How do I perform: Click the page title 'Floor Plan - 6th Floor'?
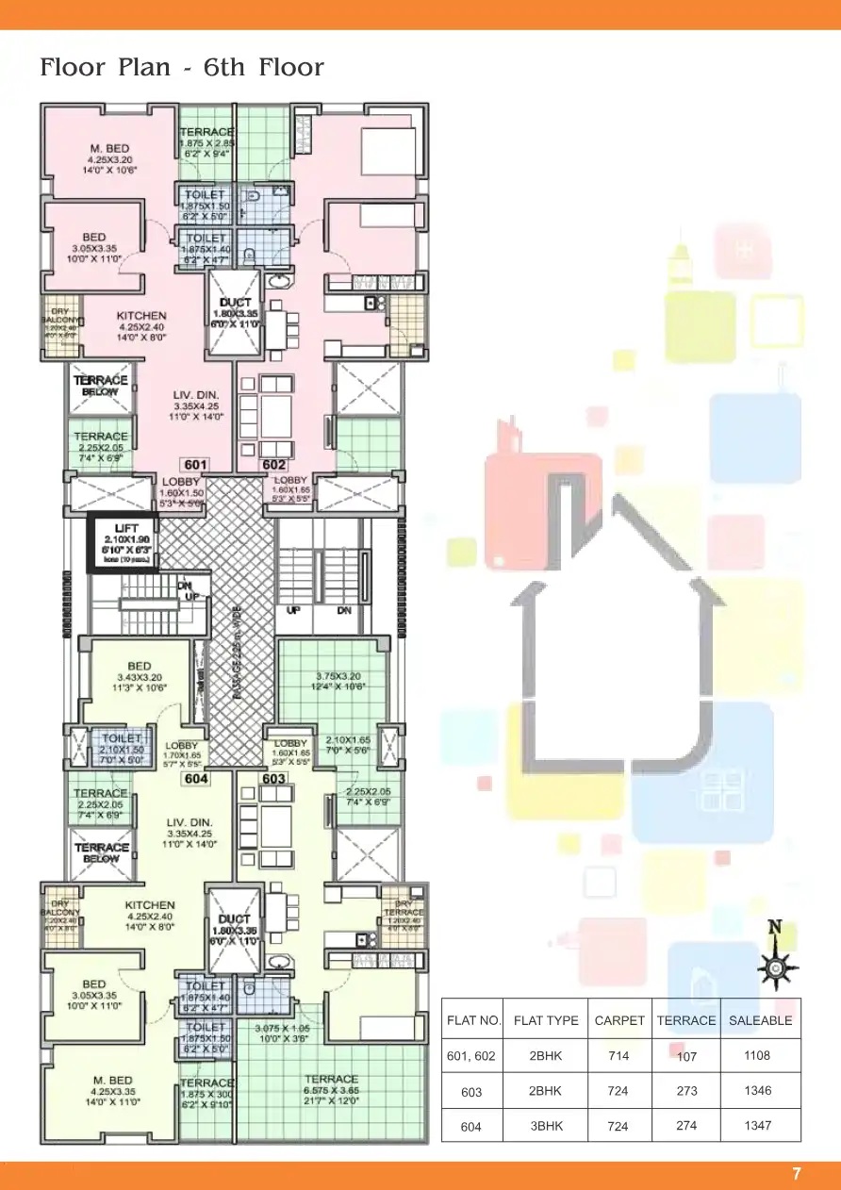point(182,68)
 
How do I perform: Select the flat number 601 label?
point(195,465)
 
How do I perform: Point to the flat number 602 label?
point(273,465)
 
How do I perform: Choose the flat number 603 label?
point(273,779)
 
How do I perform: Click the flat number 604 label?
point(196,779)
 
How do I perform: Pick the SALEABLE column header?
point(760,1020)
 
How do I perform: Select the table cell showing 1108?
point(757,1056)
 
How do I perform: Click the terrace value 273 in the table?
point(686,1091)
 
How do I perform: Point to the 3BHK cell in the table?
point(546,1126)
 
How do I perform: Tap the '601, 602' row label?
point(471,1056)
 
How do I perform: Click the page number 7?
point(797,1174)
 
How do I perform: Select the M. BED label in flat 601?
point(111,149)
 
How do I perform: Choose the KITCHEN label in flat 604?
point(150,905)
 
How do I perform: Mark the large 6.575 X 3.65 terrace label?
point(331,1079)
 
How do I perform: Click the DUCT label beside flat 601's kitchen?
point(234,303)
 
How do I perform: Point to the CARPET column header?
point(619,1020)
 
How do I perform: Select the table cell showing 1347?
point(757,1126)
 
